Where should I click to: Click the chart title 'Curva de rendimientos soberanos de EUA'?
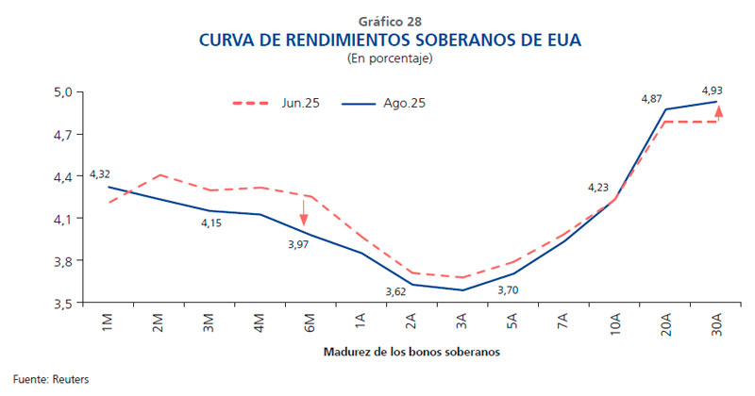coord(377,41)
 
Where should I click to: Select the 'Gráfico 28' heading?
coord(377,21)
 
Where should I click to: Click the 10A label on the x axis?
coord(616,329)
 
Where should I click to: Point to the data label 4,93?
coord(713,91)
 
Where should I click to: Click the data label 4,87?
coord(651,98)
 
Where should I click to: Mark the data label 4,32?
coord(101,174)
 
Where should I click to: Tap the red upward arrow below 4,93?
coord(718,113)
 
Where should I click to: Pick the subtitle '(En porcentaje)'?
coord(377,59)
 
